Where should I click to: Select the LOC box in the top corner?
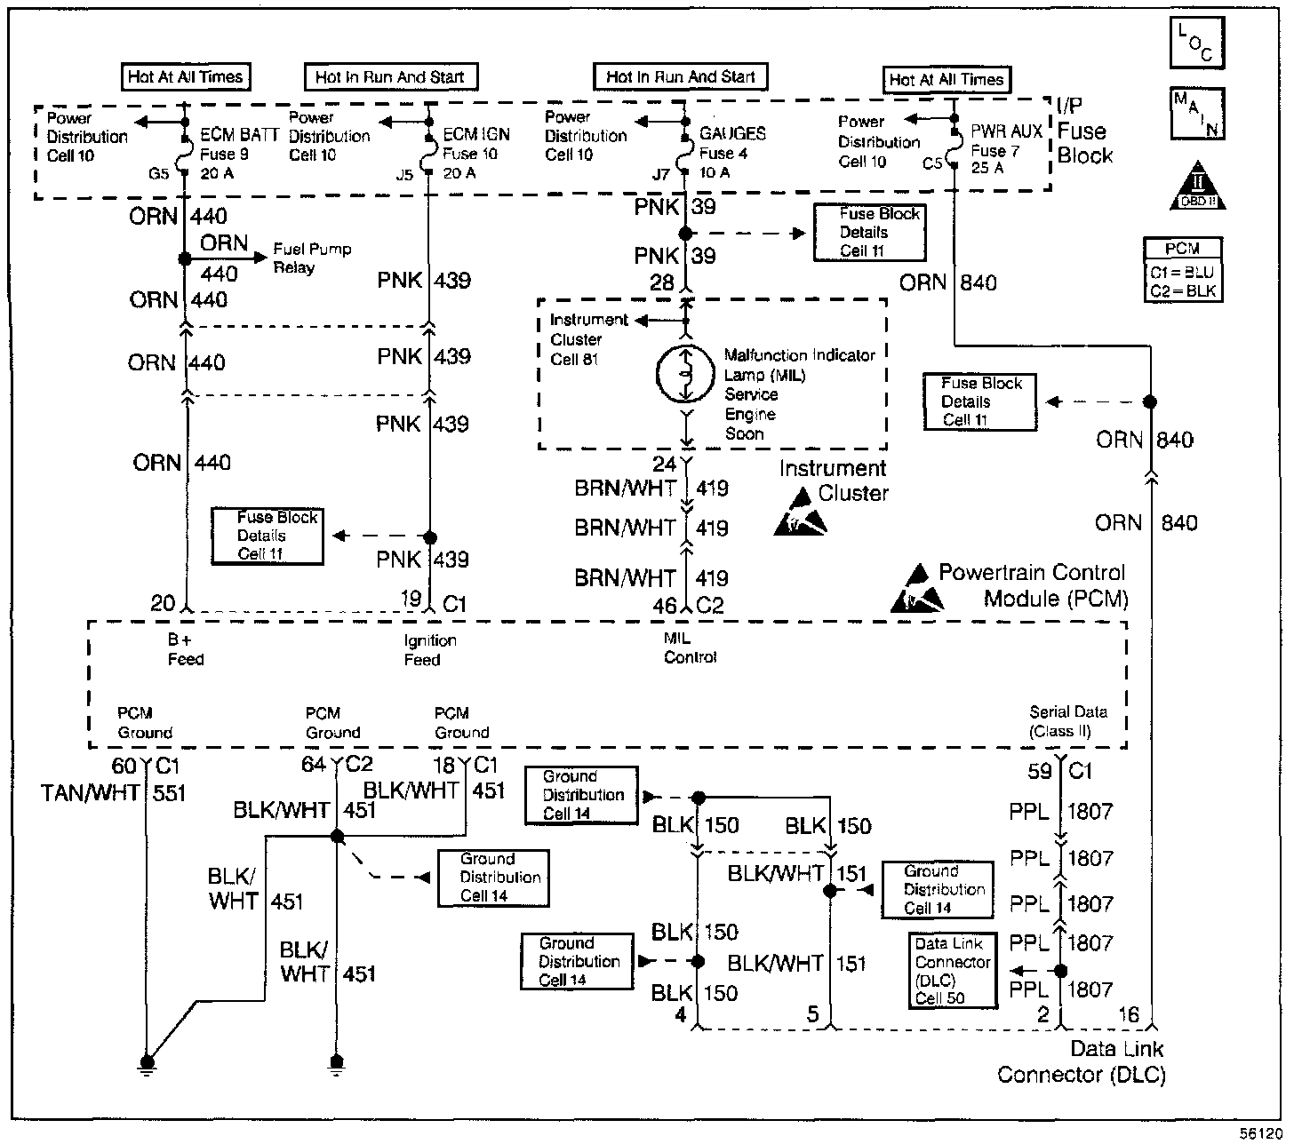coord(1197,43)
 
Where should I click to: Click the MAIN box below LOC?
coord(1197,114)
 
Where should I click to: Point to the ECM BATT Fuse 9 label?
coord(239,154)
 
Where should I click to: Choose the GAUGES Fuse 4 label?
coord(732,153)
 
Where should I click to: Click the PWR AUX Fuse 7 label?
coord(1006,149)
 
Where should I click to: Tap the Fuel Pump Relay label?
coord(312,258)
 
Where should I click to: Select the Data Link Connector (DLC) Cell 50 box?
coord(953,971)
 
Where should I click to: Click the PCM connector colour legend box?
coord(1183,270)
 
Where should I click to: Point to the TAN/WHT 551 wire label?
coord(113,793)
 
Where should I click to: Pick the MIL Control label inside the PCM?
coord(690,647)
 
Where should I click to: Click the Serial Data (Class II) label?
coord(1068,721)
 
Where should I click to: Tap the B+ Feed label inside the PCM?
coord(185,649)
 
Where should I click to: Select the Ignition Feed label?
coord(430,650)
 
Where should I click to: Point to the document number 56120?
coord(1260,1133)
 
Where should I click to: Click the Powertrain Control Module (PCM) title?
coord(1033,585)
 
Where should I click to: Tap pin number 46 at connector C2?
coord(664,605)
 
